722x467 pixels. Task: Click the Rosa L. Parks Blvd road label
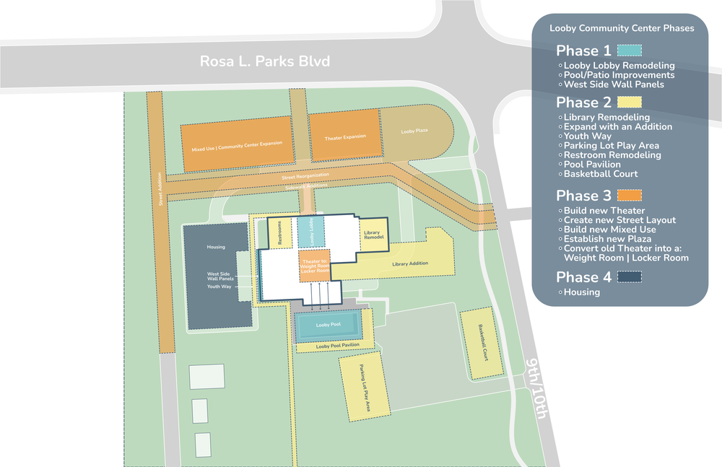pyautogui.click(x=265, y=61)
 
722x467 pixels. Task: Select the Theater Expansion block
pyautogui.click(x=344, y=136)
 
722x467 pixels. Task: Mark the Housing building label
pyautogui.click(x=216, y=247)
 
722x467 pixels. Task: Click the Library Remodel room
pyautogui.click(x=373, y=235)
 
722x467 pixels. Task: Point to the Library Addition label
pyautogui.click(x=410, y=264)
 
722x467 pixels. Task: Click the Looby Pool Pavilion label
pyautogui.click(x=338, y=346)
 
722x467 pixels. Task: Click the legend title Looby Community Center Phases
pyautogui.click(x=622, y=28)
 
